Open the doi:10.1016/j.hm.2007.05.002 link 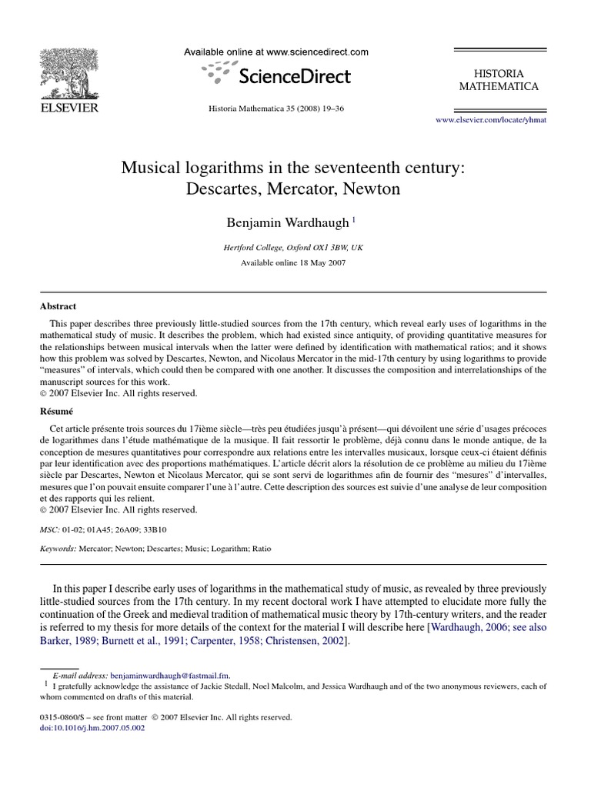[85, 728]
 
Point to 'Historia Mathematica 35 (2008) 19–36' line [276, 109]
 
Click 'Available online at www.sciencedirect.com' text [275, 52]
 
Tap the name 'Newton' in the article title [374, 189]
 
